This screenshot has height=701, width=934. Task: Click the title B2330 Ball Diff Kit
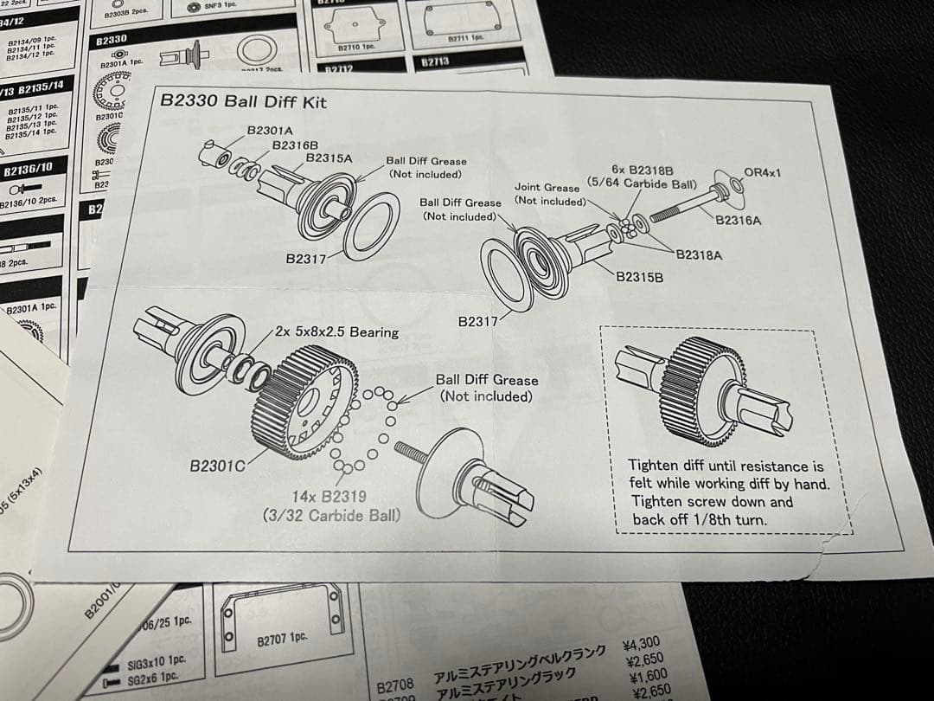pyautogui.click(x=244, y=102)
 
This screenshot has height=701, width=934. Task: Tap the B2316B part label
pyautogui.click(x=296, y=145)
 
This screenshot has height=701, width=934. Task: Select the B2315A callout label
pyautogui.click(x=329, y=158)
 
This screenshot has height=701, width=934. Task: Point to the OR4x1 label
pyautogui.click(x=762, y=173)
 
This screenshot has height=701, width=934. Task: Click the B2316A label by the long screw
pyautogui.click(x=739, y=221)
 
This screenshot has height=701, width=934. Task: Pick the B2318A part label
pyautogui.click(x=699, y=254)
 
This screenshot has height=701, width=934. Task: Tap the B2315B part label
pyautogui.click(x=640, y=277)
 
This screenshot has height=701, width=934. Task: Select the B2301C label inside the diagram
pyautogui.click(x=218, y=466)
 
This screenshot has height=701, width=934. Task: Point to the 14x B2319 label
pyautogui.click(x=329, y=497)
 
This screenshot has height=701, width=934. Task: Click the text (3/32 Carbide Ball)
pyautogui.click(x=332, y=515)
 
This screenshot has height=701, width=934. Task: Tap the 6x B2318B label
pyautogui.click(x=643, y=171)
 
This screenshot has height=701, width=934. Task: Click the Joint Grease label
pyautogui.click(x=547, y=187)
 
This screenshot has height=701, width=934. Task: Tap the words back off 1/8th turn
pyautogui.click(x=700, y=520)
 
